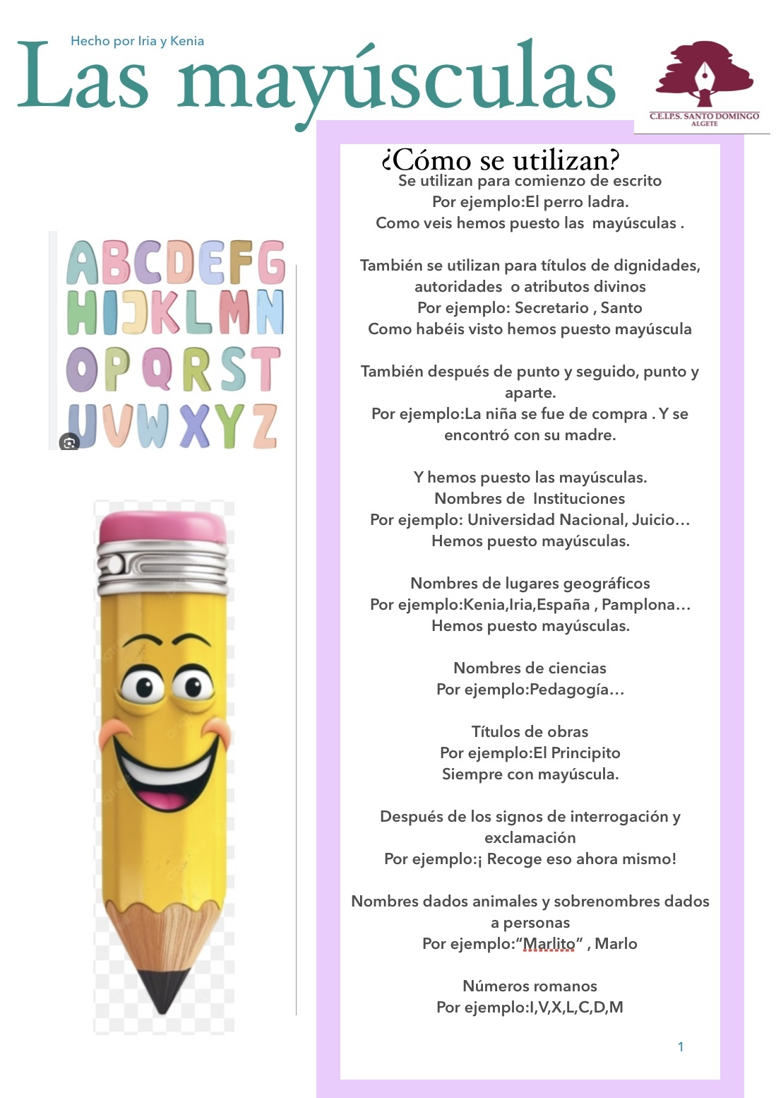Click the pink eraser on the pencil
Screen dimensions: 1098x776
coord(162,527)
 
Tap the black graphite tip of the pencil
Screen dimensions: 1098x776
coord(163,989)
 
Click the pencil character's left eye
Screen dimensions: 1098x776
coord(141,685)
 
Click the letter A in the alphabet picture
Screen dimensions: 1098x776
coord(83,262)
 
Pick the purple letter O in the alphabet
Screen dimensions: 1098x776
coord(82,369)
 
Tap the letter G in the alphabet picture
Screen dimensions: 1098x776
coord(270,262)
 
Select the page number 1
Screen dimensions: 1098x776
coord(681,1046)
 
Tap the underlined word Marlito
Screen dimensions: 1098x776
coord(549,944)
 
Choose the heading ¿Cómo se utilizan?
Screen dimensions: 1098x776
coord(500,160)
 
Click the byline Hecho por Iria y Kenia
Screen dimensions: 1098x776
coord(137,41)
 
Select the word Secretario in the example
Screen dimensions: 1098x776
coord(551,308)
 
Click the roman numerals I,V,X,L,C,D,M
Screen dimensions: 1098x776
coord(576,1008)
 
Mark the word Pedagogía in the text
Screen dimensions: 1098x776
coord(569,690)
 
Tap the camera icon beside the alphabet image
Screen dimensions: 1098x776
coord(69,442)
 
